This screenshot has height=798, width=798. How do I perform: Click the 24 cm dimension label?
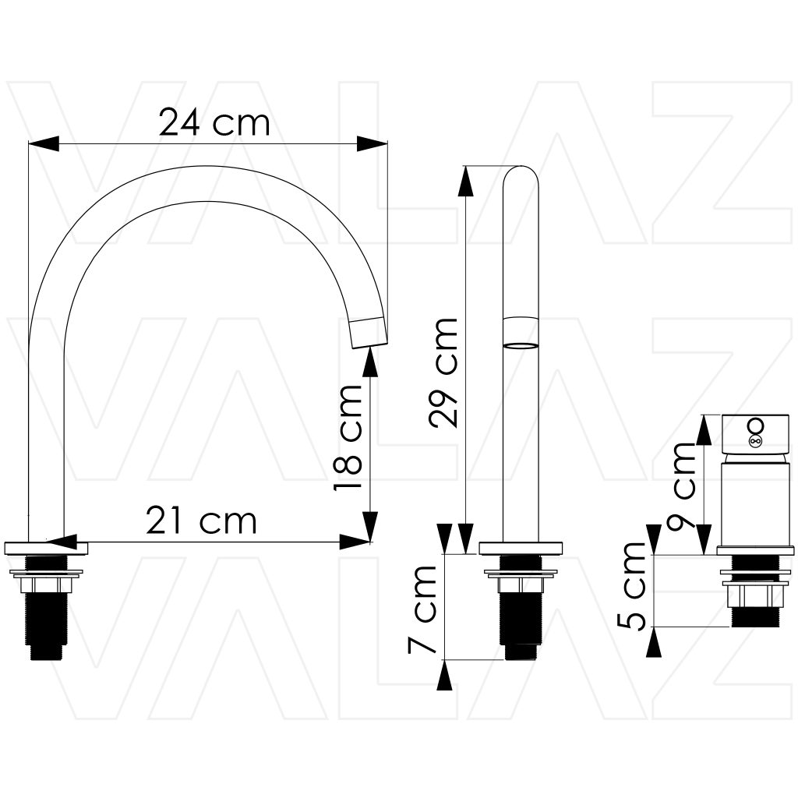[x=214, y=122]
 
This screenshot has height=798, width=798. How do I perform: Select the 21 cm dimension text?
[x=202, y=521]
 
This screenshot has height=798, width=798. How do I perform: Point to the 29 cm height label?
[x=443, y=372]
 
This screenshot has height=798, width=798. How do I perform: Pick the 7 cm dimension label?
[x=422, y=609]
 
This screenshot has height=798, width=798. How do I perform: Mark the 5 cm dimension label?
[x=631, y=586]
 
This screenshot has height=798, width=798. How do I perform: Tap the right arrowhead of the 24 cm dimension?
[x=372, y=144]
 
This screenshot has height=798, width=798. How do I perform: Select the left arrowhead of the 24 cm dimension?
[x=44, y=144]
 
